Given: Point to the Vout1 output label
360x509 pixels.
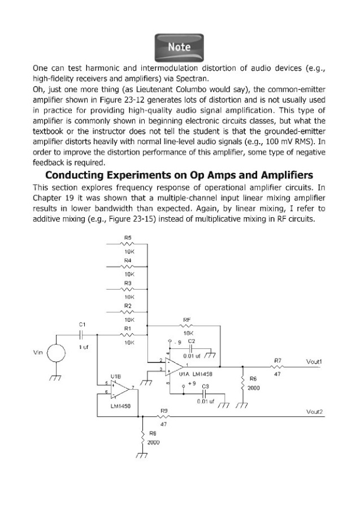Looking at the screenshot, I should click(314, 361).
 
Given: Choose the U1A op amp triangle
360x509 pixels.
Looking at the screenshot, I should click(174, 365).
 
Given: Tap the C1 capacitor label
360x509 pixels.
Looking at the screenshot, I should click(82, 324).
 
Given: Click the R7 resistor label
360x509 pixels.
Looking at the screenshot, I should click(277, 360).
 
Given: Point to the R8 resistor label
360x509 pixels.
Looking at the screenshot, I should click(153, 433).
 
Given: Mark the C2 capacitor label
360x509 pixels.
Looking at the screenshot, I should click(192, 342).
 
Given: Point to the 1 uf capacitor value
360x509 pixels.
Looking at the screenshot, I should click(83, 347).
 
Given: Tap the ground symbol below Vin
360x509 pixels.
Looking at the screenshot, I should click(55, 378).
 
